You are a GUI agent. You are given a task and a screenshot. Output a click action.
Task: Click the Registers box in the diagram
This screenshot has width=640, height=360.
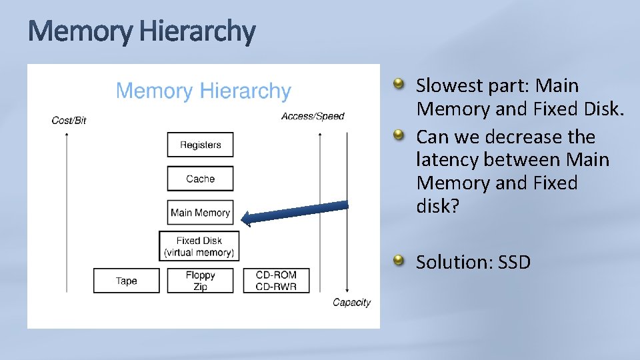[200, 145]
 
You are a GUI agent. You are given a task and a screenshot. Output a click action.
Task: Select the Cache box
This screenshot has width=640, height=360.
[200, 179]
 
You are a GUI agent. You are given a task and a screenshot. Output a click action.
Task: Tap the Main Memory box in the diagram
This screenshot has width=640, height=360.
[200, 213]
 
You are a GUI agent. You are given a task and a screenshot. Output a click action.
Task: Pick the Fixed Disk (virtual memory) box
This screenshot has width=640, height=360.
[199, 247]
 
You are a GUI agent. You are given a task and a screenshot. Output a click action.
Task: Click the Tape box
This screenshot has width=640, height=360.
[126, 281]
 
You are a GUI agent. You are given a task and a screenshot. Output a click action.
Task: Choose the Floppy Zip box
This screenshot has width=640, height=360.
[200, 281]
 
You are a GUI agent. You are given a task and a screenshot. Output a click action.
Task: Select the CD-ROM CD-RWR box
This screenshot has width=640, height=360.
[276, 281]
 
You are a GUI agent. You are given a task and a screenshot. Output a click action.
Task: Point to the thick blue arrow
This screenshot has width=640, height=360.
[294, 211]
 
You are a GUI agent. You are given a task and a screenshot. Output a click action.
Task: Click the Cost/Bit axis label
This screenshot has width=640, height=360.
[69, 121]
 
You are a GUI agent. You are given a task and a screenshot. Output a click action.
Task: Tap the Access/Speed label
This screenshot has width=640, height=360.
[313, 117]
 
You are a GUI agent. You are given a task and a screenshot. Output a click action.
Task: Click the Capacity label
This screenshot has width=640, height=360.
[351, 303]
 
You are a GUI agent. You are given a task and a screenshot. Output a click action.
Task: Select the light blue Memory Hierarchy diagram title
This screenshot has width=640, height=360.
[203, 91]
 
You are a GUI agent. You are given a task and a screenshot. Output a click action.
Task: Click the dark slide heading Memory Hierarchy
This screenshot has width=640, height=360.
[141, 32]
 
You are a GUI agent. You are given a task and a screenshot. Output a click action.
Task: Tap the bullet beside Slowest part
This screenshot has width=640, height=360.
[398, 85]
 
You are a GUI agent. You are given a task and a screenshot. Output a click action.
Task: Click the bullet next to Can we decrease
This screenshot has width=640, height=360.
[398, 136]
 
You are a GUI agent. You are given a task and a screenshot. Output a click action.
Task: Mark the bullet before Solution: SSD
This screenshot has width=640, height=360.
[398, 261]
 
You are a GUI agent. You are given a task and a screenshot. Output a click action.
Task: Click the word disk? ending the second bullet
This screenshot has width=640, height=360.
[437, 207]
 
